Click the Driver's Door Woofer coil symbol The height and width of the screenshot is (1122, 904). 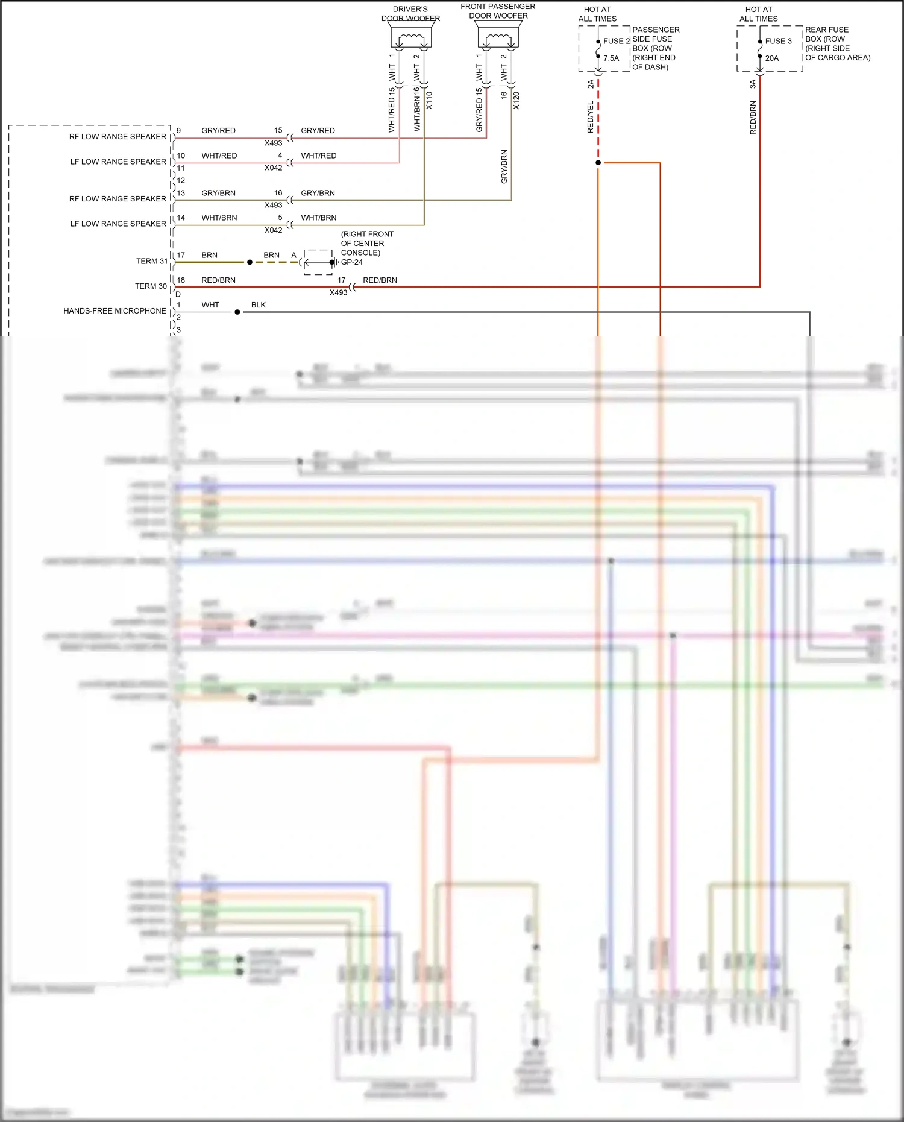click(x=411, y=39)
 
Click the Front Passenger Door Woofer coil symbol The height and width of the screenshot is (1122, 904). click(x=498, y=39)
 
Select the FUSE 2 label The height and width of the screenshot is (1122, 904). click(x=616, y=41)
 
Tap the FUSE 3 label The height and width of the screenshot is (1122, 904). click(x=778, y=41)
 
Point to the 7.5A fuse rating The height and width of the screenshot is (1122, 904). click(x=611, y=58)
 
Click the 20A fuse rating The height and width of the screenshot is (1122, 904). click(x=772, y=58)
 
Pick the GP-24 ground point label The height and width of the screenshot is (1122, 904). click(x=352, y=262)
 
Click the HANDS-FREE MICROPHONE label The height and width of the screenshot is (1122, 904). click(x=115, y=311)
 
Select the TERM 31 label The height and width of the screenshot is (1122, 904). click(x=152, y=261)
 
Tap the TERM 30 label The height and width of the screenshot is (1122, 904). click(x=151, y=286)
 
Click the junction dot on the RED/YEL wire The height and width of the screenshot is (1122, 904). click(x=598, y=163)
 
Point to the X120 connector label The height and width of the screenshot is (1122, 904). click(x=516, y=100)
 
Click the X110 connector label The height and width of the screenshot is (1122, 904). click(x=429, y=100)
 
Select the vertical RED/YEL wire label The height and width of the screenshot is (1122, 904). click(x=590, y=117)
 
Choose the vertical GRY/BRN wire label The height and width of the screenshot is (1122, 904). click(x=504, y=166)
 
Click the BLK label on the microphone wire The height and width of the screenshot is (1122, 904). click(x=259, y=305)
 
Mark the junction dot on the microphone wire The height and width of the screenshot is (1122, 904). click(x=237, y=312)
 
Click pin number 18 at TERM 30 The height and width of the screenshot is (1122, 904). click(x=181, y=280)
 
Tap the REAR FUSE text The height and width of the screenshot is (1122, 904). click(x=826, y=30)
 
